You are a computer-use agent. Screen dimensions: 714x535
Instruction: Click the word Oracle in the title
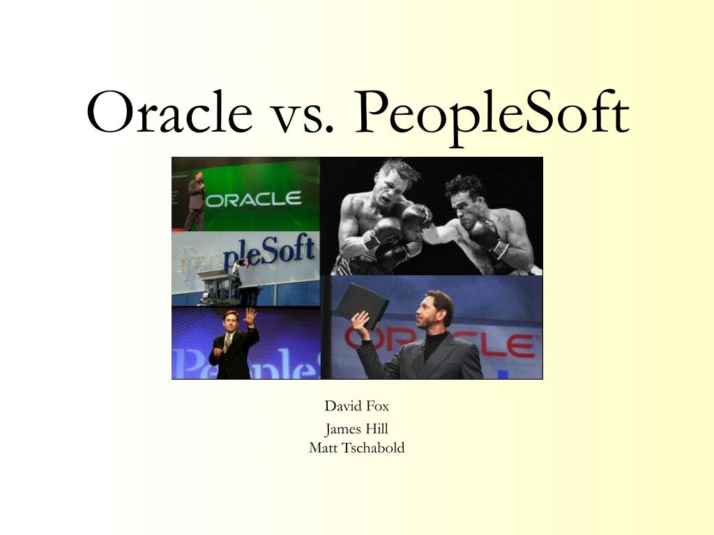(x=169, y=112)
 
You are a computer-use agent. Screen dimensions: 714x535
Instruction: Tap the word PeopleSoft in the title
(x=492, y=116)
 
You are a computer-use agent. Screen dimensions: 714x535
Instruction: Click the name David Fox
(x=356, y=406)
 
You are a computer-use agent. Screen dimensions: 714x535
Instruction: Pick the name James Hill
(x=356, y=429)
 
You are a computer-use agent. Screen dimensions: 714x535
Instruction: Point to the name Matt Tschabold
(x=356, y=448)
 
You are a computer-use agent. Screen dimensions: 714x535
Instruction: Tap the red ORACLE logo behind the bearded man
(x=439, y=343)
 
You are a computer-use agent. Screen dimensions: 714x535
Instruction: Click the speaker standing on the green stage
(x=195, y=201)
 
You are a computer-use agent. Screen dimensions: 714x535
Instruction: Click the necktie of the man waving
(x=227, y=343)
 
